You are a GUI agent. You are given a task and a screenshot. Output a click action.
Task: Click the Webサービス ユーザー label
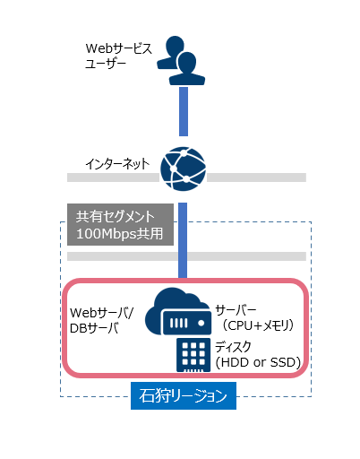[x=118, y=56]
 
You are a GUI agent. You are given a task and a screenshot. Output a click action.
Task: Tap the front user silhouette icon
[x=187, y=69]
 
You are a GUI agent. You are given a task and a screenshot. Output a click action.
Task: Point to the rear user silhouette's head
[x=175, y=45]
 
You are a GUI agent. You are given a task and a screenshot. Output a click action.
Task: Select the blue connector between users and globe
[x=184, y=111]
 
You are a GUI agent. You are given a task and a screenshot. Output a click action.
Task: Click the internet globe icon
[x=183, y=169]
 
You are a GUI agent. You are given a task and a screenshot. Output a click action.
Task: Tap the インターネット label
[x=117, y=164]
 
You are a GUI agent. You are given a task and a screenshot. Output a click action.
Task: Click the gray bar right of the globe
[x=256, y=178]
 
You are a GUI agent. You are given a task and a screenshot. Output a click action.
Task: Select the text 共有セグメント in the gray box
[x=116, y=216]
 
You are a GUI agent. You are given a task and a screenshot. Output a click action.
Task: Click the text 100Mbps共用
[x=120, y=234]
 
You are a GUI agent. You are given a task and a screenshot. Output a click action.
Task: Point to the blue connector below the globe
[x=183, y=240]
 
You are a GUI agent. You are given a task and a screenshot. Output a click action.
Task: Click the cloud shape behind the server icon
[x=176, y=307]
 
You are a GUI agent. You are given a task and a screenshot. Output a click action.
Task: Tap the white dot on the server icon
[x=201, y=323]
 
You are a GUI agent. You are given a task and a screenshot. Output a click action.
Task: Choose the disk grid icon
[x=193, y=355]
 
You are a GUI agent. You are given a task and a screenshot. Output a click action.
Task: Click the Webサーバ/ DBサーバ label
[x=102, y=320]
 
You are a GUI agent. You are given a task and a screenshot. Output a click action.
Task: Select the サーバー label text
[x=236, y=310]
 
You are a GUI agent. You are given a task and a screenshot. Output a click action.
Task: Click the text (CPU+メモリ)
[x=258, y=325]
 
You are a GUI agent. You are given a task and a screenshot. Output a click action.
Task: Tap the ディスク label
[x=233, y=347]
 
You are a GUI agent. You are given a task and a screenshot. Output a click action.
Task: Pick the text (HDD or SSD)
[x=258, y=362]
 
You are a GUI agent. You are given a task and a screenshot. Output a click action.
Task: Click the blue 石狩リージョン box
[x=184, y=395]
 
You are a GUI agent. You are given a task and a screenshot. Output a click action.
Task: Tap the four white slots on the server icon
[x=178, y=323]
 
